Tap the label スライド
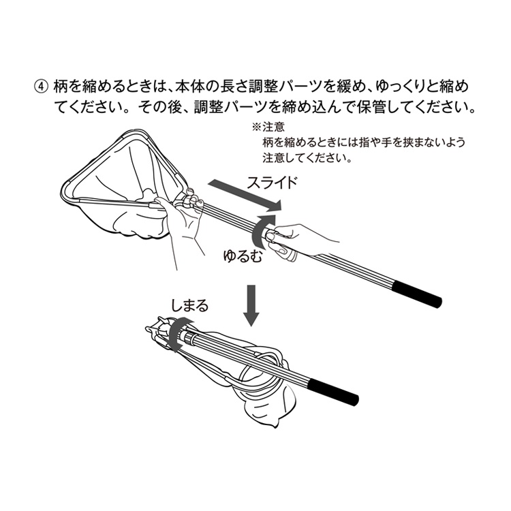[272, 183]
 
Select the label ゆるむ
[243, 255]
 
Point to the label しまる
[189, 305]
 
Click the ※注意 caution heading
[268, 127]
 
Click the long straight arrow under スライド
[245, 195]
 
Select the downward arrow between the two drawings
[251, 306]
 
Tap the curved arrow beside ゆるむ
[263, 232]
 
